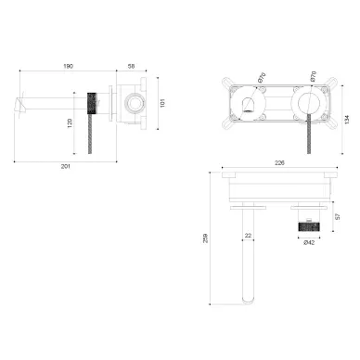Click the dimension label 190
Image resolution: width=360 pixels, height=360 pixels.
tap(69, 66)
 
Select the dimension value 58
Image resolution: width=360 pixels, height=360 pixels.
tap(131, 66)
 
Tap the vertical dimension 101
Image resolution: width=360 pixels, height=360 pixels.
tap(162, 103)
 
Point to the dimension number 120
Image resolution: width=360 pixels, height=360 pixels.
tap(70, 123)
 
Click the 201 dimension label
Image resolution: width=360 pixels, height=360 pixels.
tap(66, 166)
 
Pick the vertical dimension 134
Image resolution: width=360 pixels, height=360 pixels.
tap(347, 120)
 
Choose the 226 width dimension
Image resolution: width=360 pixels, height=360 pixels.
tap(279, 163)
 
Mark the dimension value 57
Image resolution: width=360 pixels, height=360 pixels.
tap(338, 216)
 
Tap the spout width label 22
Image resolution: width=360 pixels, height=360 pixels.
tap(248, 236)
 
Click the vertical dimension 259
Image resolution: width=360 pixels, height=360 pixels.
tap(205, 238)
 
